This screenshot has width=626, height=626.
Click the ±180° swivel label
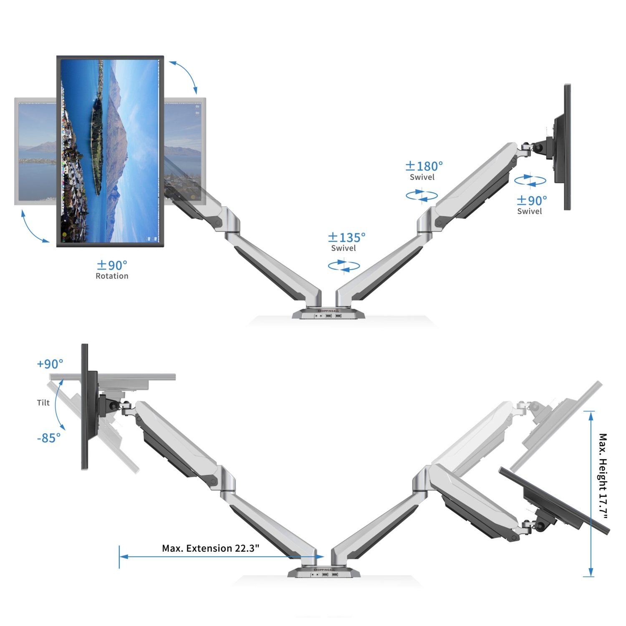pyautogui.click(x=424, y=167)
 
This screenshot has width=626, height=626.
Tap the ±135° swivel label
pyautogui.click(x=346, y=237)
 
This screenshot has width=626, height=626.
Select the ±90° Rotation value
pyautogui.click(x=112, y=265)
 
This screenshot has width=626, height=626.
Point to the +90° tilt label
pyautogui.click(x=50, y=364)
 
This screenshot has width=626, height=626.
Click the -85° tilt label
pyautogui.click(x=49, y=438)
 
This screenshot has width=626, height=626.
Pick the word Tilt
pyautogui.click(x=43, y=403)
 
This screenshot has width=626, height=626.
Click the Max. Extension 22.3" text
pyautogui.click(x=210, y=548)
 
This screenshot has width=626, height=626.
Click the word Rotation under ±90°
pyautogui.click(x=112, y=276)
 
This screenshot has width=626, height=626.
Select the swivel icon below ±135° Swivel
pyautogui.click(x=344, y=266)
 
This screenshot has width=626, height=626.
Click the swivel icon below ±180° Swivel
pyautogui.click(x=422, y=195)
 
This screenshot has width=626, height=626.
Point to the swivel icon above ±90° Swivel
pyautogui.click(x=530, y=181)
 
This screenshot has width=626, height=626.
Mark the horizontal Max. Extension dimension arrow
pyautogui.click(x=221, y=557)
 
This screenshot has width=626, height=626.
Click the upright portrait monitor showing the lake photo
pyautogui.click(x=110, y=151)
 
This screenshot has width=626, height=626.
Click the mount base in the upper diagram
pyautogui.click(x=328, y=314)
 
